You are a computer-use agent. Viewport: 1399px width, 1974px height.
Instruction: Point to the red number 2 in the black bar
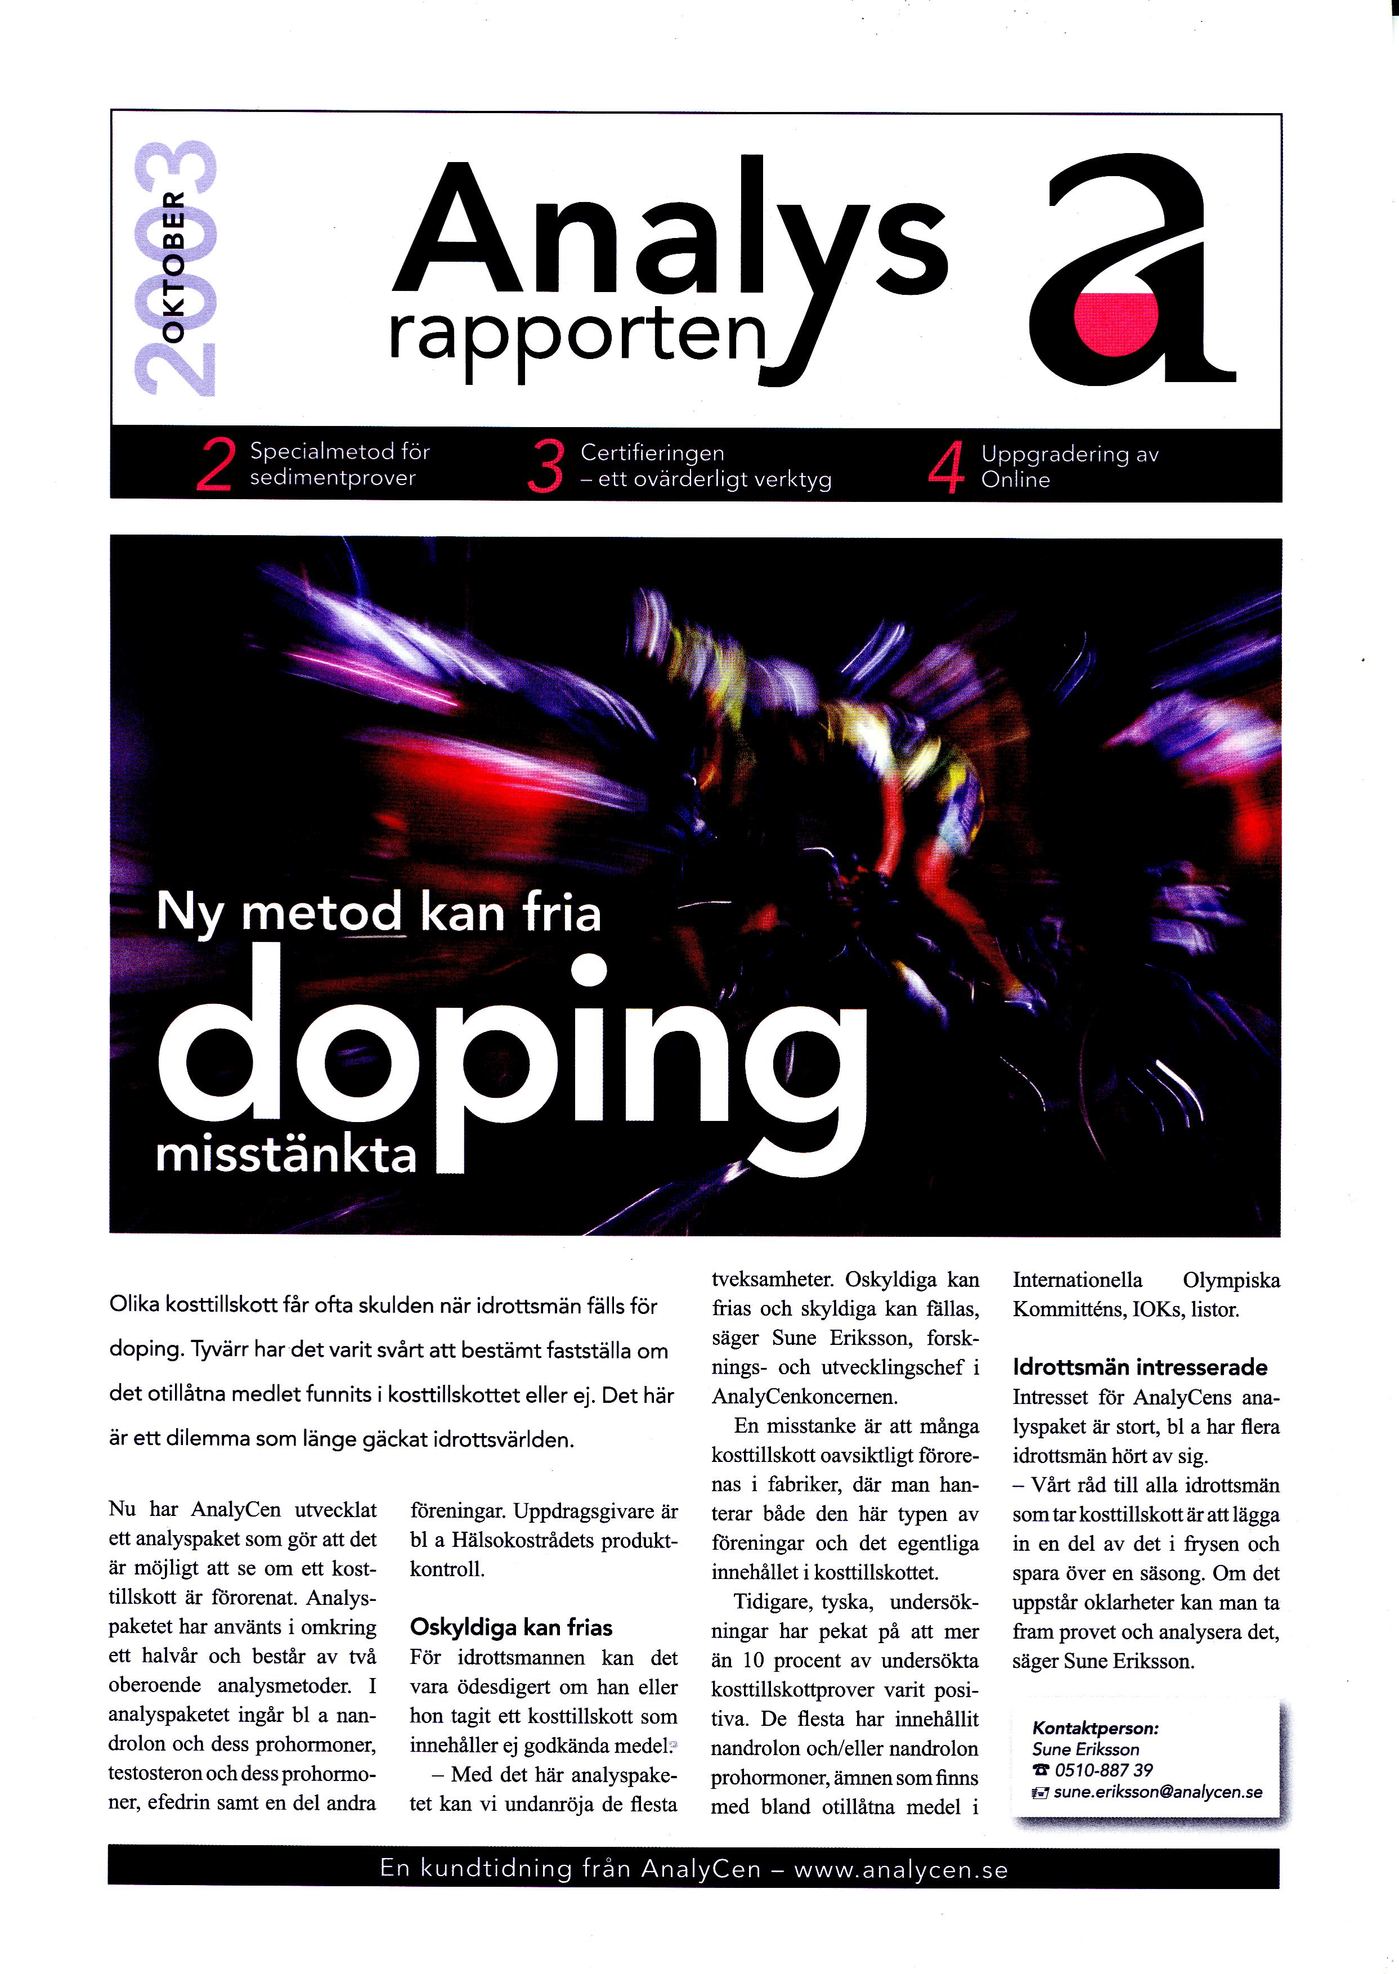pos(214,466)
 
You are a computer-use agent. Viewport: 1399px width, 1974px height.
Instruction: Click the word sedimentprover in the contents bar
pos(333,478)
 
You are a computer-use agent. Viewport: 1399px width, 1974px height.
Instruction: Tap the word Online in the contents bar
pos(1016,481)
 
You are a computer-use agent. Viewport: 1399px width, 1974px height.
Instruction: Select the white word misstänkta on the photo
pos(286,1156)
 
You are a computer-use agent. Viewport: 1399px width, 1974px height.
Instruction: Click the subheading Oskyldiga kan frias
pos(511,1628)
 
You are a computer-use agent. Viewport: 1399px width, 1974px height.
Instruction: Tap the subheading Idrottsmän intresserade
pos(1140,1367)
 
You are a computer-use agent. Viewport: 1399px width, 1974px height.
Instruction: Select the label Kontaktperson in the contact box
pos(1095,1729)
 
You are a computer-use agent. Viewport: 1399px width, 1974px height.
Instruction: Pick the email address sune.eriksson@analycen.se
pos(1157,1792)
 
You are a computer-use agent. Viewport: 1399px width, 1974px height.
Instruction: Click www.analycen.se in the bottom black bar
pos(900,1870)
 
